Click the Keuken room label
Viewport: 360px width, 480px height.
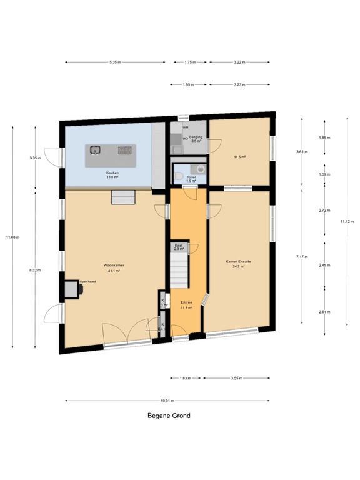click(113, 172)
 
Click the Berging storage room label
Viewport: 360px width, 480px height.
click(196, 138)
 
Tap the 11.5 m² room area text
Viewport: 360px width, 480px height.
click(239, 157)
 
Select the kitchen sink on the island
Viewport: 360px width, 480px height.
click(95, 149)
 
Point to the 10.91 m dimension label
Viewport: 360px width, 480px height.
click(167, 401)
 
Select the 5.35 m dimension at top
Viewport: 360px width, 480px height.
click(114, 62)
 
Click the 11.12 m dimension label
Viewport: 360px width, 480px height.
click(344, 221)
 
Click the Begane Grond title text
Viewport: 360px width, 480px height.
click(169, 416)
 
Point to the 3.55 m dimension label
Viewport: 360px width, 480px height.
click(237, 378)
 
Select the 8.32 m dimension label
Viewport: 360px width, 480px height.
click(35, 270)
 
